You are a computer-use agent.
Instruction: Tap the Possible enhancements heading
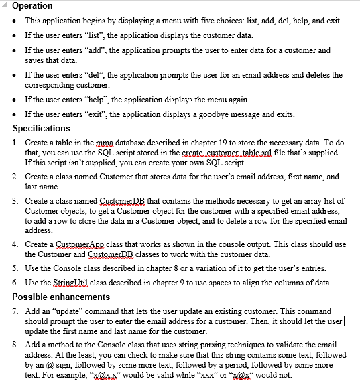tap(61, 296)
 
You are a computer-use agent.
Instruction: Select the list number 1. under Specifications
tap(16, 143)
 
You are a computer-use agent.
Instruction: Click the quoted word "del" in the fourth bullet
tap(89, 75)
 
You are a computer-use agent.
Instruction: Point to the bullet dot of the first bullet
tap(16, 21)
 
